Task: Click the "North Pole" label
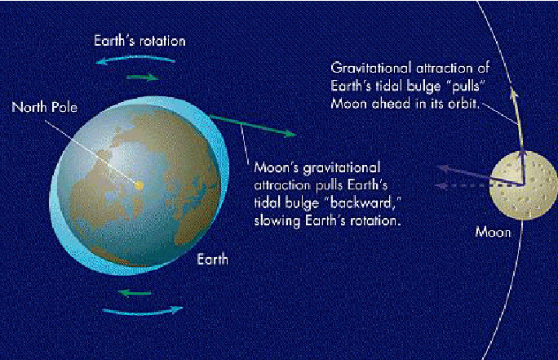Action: [x=45, y=107]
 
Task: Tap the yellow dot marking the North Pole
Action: [x=139, y=185]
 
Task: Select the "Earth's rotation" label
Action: [x=139, y=41]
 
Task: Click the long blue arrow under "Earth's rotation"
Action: [x=135, y=59]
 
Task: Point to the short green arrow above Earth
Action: [x=142, y=78]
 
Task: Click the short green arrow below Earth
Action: [x=135, y=293]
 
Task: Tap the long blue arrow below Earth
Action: [x=142, y=311]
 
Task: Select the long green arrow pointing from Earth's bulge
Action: [x=253, y=126]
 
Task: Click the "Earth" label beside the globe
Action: [x=212, y=260]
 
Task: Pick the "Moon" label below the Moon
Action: [x=494, y=233]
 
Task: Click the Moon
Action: [x=522, y=185]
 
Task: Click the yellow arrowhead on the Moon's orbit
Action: [x=513, y=91]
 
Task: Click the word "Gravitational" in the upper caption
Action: [x=371, y=69]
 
